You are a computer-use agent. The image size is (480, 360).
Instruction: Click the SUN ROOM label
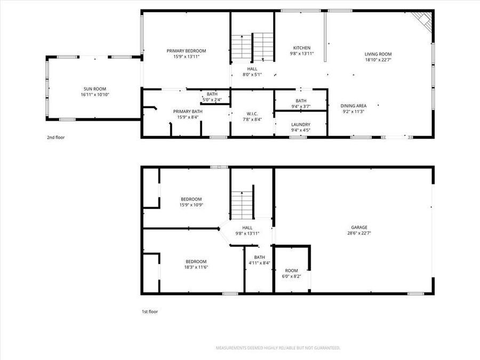[x=91, y=89]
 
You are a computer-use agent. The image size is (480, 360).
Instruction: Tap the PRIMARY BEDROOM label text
[x=186, y=51]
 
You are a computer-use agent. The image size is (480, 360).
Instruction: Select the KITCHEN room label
[x=302, y=48]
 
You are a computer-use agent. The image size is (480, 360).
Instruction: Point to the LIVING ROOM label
[x=378, y=54]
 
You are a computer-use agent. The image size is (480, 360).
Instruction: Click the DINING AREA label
[x=354, y=106]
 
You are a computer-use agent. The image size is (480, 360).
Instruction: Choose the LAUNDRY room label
[x=301, y=124]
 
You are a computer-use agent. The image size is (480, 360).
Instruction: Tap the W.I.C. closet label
[x=252, y=113]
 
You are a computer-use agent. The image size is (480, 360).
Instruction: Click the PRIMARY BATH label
[x=186, y=111]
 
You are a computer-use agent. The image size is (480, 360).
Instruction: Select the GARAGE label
[x=359, y=227]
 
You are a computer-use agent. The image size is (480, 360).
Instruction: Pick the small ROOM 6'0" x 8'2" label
[x=291, y=270]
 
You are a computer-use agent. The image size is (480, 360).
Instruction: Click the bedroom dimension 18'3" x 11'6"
[x=196, y=267]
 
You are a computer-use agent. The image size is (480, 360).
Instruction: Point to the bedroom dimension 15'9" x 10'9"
[x=190, y=205]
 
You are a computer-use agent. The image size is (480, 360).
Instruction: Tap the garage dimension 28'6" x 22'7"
[x=359, y=233]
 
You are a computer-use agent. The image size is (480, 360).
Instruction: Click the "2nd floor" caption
[x=55, y=137]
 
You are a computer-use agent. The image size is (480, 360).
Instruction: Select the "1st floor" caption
[x=149, y=311]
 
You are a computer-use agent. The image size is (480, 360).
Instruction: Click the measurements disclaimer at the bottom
[x=277, y=348]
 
